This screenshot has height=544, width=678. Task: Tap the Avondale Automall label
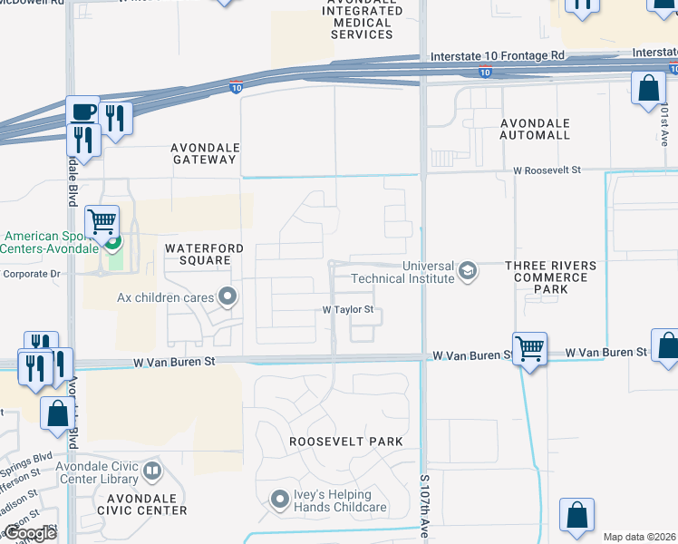pyautogui.click(x=535, y=129)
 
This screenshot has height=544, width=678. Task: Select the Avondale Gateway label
pyautogui.click(x=204, y=152)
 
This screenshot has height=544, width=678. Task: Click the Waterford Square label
pyautogui.click(x=199, y=254)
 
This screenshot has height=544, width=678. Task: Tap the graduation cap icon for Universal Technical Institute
pyautogui.click(x=468, y=271)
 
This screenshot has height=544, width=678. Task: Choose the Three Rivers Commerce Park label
pyautogui.click(x=551, y=277)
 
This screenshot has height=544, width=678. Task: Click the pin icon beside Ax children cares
pyautogui.click(x=228, y=296)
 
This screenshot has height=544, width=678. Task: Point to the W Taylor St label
pyautogui.click(x=348, y=309)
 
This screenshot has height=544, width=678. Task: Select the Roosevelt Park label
pyautogui.click(x=345, y=442)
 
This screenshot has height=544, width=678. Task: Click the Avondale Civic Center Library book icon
pyautogui.click(x=152, y=471)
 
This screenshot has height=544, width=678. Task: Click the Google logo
pyautogui.click(x=29, y=533)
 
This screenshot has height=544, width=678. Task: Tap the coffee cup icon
pyautogui.click(x=82, y=112)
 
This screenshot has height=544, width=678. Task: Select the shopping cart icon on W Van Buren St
pyautogui.click(x=529, y=347)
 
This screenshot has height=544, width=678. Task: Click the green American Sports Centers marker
pyautogui.click(x=113, y=242)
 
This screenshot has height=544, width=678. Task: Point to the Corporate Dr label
pyautogui.click(x=30, y=272)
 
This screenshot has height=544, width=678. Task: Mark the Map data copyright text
pyautogui.click(x=639, y=537)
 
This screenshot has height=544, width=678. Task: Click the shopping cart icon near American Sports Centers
pyautogui.click(x=102, y=220)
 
